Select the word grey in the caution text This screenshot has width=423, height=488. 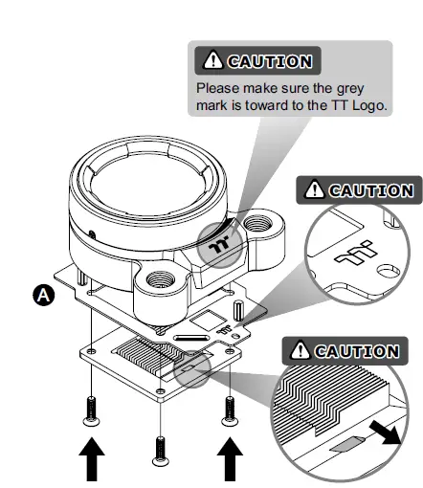(x=367, y=87)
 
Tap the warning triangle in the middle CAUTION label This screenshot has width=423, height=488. (x=315, y=190)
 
